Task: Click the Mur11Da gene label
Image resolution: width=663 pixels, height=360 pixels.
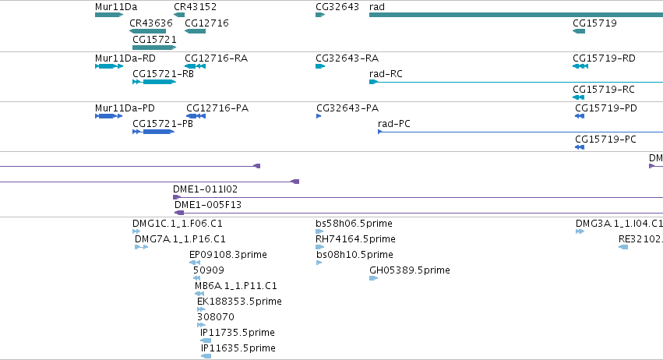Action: (x=116, y=7)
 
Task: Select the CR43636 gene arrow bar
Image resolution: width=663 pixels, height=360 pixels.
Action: (x=147, y=31)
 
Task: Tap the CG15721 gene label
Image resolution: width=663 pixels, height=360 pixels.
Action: (x=154, y=40)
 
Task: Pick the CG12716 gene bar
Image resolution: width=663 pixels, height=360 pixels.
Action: (x=196, y=31)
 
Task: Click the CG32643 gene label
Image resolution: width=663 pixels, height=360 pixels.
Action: (x=337, y=7)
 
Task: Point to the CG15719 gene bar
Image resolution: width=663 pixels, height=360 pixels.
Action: (x=579, y=31)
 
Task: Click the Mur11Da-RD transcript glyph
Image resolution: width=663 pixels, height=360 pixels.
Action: (x=109, y=66)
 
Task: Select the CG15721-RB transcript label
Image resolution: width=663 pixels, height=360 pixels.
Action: (x=163, y=74)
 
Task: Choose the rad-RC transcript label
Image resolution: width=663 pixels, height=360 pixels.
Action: (x=386, y=74)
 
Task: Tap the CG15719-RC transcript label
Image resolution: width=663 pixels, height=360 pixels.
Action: (x=604, y=90)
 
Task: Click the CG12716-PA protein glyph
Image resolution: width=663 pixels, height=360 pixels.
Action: (x=196, y=116)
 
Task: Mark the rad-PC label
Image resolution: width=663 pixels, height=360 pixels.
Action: (x=394, y=124)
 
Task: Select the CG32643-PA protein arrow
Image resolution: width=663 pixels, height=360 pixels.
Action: (x=319, y=116)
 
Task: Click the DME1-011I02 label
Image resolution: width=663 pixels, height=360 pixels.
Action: (x=205, y=189)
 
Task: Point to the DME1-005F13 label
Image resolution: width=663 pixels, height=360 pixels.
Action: (x=208, y=205)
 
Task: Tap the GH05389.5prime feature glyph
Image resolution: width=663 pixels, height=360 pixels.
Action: (x=373, y=278)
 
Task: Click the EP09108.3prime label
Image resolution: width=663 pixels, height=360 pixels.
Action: (x=228, y=255)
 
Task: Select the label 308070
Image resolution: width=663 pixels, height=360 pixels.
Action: (x=216, y=317)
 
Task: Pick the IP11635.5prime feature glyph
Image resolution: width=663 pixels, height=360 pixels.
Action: (x=206, y=356)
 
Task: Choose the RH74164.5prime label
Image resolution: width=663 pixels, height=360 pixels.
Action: (x=355, y=239)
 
